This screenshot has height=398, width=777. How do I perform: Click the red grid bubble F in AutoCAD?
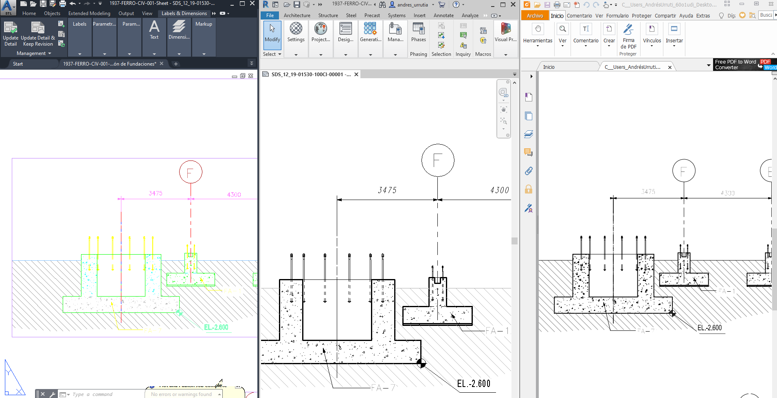191,172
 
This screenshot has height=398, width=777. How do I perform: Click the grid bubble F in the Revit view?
438,160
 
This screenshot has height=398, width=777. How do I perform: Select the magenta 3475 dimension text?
156,193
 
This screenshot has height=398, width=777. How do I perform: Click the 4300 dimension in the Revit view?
499,190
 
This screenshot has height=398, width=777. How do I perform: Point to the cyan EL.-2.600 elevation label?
216,327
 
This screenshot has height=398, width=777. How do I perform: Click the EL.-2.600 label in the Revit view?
474,384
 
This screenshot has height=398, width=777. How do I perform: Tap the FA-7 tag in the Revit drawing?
383,387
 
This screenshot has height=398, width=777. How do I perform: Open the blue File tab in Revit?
270,15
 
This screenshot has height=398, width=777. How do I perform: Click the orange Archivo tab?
535,15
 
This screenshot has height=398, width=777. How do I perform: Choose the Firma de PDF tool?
628,36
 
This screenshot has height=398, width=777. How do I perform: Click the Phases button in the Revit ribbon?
418,33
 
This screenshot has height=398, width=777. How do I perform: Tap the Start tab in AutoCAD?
18,64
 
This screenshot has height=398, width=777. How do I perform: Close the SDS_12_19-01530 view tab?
356,75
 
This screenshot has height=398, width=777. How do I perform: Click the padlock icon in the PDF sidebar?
529,189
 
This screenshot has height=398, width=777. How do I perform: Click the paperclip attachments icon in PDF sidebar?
529,171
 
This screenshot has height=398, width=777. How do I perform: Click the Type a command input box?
106,394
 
